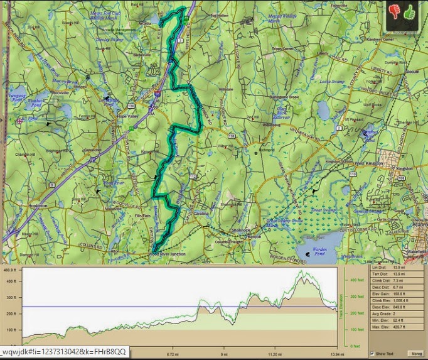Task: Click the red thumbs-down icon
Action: click(x=394, y=11)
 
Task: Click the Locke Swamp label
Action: click(x=349, y=82)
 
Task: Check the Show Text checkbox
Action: click(x=373, y=353)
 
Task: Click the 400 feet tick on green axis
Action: click(x=355, y=280)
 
